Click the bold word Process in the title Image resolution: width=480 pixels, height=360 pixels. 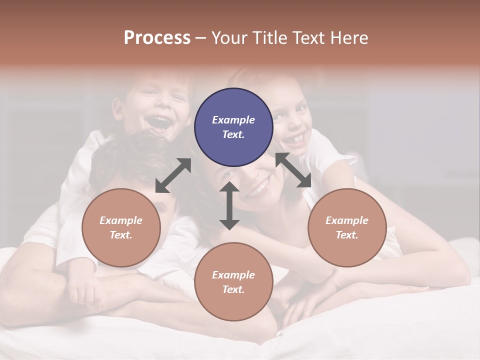click(x=157, y=38)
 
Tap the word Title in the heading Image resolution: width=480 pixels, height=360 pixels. click(x=271, y=38)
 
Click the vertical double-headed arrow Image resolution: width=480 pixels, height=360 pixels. click(x=229, y=205)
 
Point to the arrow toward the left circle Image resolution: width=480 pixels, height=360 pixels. click(x=173, y=175)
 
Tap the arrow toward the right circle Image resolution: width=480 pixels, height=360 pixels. click(x=293, y=170)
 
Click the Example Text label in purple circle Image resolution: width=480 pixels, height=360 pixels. click(x=233, y=127)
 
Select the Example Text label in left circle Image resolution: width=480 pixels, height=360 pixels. click(x=121, y=227)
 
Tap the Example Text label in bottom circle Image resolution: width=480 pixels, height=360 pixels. click(x=233, y=282)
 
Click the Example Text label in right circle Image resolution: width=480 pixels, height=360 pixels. click(x=347, y=227)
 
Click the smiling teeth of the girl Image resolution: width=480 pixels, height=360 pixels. click(x=296, y=137)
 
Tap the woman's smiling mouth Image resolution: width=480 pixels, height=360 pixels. click(x=259, y=189)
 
